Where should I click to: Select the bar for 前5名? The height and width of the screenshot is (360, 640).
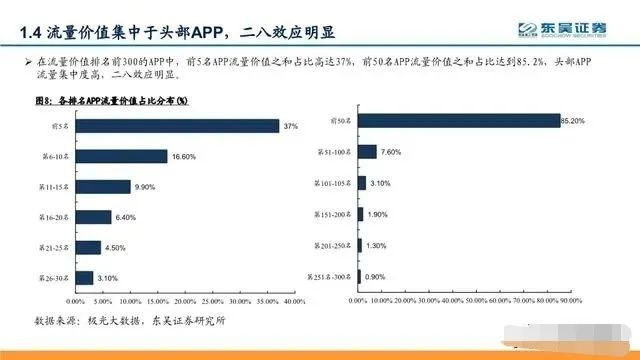click(x=176, y=126)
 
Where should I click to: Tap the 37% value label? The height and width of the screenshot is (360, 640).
click(x=291, y=126)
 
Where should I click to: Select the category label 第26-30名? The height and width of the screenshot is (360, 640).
click(x=54, y=277)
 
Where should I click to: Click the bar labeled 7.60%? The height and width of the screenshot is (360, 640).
click(x=366, y=152)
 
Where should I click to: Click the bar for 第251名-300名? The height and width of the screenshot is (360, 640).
click(x=357, y=276)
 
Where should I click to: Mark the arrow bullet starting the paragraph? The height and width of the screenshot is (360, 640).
click(x=27, y=63)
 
